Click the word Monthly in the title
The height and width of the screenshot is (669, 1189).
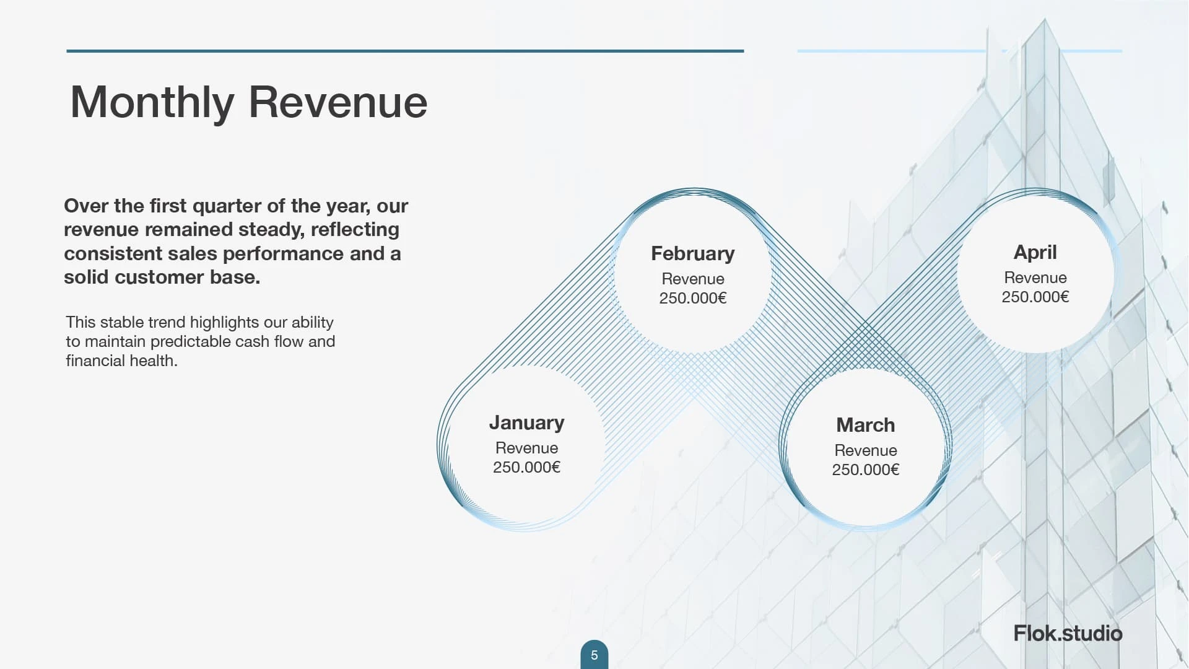click(152, 102)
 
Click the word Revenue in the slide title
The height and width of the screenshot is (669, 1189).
click(338, 102)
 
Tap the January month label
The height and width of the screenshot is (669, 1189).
click(527, 422)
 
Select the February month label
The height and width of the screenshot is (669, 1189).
click(693, 253)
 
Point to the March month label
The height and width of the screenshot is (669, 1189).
click(866, 425)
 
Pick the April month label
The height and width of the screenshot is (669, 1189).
click(1035, 253)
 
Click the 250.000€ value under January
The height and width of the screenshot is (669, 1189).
click(527, 467)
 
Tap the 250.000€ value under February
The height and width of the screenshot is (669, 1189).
click(693, 298)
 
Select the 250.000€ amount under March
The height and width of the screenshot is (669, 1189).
click(866, 470)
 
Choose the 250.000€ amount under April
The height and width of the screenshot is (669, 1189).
click(1035, 297)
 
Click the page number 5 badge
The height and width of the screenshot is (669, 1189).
click(594, 655)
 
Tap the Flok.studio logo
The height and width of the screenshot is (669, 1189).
click(1068, 633)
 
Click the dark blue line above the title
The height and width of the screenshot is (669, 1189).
click(405, 51)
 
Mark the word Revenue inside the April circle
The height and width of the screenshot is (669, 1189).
click(1035, 278)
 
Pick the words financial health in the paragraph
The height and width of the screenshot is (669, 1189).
click(122, 361)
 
